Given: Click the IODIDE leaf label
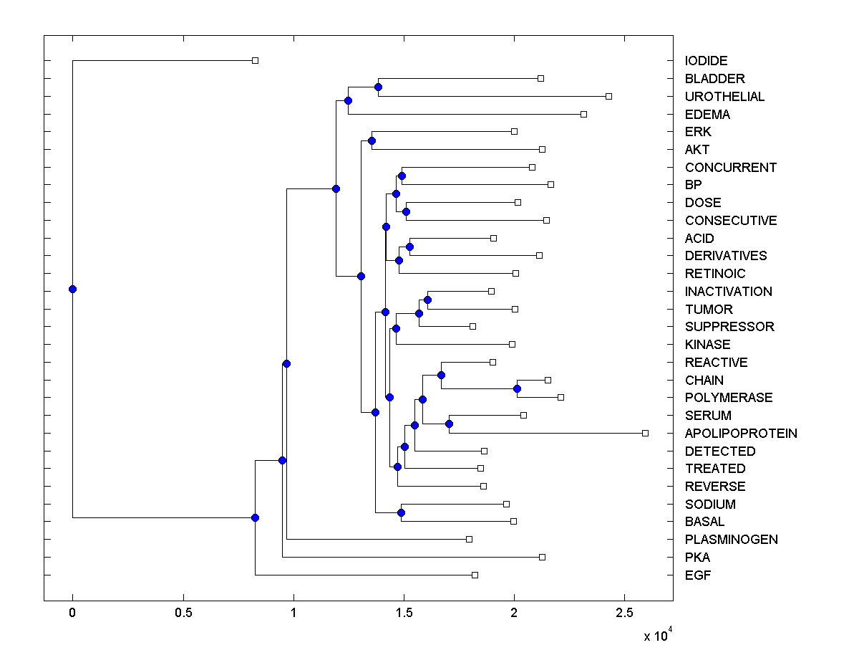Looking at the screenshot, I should pyautogui.click(x=706, y=61).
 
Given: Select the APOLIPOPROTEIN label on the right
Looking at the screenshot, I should pyautogui.click(x=741, y=434).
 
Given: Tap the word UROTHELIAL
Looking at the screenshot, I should pyautogui.click(x=724, y=97).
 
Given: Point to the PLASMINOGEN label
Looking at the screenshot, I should pyautogui.click(x=731, y=540).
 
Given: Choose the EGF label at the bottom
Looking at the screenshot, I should pyautogui.click(x=698, y=575).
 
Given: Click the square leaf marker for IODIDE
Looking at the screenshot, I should pyautogui.click(x=255, y=61).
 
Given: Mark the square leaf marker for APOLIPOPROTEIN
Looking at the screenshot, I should pyautogui.click(x=645, y=433).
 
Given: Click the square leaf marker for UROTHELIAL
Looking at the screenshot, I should pyautogui.click(x=608, y=96).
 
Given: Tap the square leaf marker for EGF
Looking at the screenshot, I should pyautogui.click(x=475, y=575).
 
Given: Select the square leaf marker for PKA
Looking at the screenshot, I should pyautogui.click(x=542, y=557).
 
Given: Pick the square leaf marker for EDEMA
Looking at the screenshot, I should pyautogui.click(x=583, y=114).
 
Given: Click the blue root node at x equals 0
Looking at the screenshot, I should pyautogui.click(x=72, y=289).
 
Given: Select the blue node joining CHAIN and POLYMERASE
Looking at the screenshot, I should pyautogui.click(x=517, y=388).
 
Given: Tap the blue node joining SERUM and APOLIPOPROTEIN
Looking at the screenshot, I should pyautogui.click(x=449, y=424).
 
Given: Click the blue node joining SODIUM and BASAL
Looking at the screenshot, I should pyautogui.click(x=401, y=512).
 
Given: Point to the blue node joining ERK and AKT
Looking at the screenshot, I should pyautogui.click(x=372, y=140).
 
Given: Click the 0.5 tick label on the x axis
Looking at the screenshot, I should pyautogui.click(x=183, y=613).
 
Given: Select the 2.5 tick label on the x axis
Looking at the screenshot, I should pyautogui.click(x=625, y=613).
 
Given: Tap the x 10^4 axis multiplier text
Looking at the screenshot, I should pyautogui.click(x=656, y=635).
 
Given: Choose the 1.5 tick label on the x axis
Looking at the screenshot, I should pyautogui.click(x=404, y=613).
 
